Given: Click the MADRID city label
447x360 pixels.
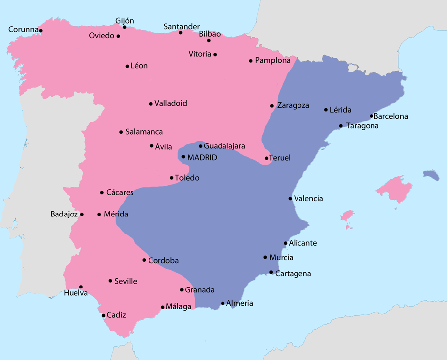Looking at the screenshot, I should click(202, 157).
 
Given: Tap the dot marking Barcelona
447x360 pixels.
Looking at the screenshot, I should click(372, 116).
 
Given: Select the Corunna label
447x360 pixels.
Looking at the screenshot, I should click(23, 30).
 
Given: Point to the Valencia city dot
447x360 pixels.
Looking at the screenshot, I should click(290, 199).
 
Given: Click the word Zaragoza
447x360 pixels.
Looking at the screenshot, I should click(293, 105).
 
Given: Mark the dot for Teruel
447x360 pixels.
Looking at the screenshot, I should click(267, 158).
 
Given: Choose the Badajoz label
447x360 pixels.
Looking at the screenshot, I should click(64, 215).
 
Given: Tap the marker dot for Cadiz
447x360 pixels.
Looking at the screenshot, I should click(103, 315).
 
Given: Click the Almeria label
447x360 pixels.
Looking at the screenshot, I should click(239, 303).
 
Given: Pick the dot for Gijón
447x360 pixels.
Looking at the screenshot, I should click(124, 27).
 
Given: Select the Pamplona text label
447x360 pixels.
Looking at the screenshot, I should click(273, 61).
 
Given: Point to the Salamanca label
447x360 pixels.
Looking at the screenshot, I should click(144, 132).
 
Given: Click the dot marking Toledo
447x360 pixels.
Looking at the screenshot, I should click(171, 178).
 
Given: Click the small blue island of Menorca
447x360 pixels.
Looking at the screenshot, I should click(431, 175).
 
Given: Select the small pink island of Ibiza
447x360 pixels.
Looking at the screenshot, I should click(347, 216).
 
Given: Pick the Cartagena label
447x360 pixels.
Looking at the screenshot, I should click(293, 273).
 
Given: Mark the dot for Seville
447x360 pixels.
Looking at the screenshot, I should click(110, 281).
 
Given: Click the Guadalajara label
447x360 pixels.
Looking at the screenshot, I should click(224, 146).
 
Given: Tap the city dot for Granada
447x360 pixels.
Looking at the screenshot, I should click(181, 290).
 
